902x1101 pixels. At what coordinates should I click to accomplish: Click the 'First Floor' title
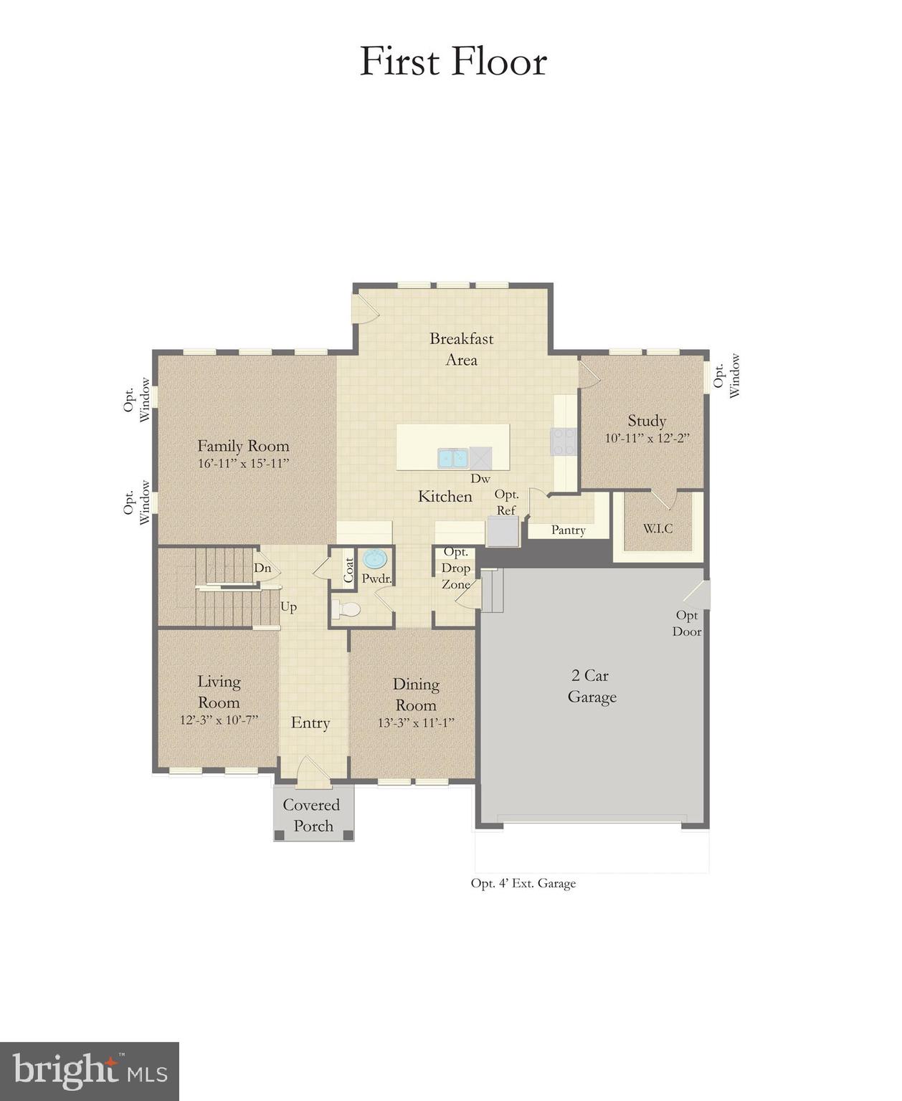tap(452, 62)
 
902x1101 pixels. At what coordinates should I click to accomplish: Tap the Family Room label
tap(243, 446)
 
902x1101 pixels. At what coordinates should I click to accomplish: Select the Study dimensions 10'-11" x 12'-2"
tap(647, 439)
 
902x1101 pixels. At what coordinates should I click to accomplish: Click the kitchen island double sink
tap(452, 457)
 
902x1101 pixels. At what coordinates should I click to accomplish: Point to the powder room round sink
tap(374, 558)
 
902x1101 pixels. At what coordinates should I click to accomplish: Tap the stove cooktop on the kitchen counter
tap(564, 442)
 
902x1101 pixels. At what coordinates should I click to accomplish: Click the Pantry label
tap(568, 530)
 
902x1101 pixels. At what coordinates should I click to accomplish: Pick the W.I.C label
tap(657, 528)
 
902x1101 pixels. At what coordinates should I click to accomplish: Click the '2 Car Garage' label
tap(592, 686)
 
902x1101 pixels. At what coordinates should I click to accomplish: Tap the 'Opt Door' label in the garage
tap(686, 624)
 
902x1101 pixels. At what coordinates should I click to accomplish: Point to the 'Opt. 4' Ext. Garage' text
tap(523, 884)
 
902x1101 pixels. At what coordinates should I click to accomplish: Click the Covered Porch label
tap(312, 815)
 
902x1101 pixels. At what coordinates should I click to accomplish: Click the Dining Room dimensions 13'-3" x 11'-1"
tap(416, 723)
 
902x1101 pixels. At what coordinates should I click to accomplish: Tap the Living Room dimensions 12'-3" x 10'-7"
tap(219, 720)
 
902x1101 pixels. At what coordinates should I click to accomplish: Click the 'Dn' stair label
tap(262, 568)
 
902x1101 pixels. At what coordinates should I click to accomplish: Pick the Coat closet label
tap(348, 571)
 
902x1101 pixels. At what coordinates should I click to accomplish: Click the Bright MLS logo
tap(90, 1071)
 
